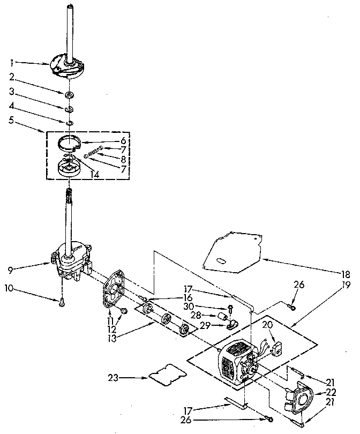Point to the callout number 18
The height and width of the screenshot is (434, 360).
pyautogui.click(x=346, y=273)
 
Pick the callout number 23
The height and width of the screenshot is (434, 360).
pyautogui.click(x=112, y=378)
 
